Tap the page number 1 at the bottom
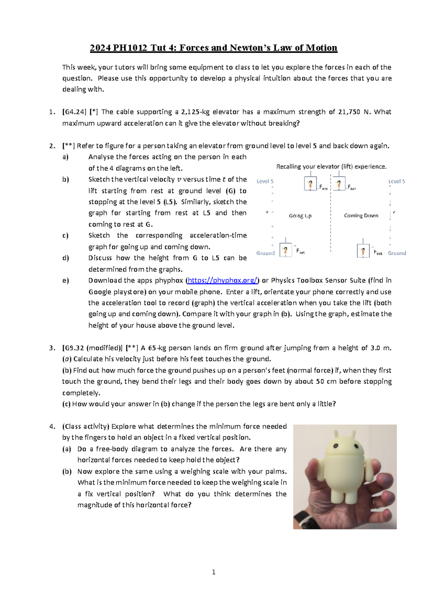[x=214, y=572]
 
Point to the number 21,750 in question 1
[x=349, y=112]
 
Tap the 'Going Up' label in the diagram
[x=300, y=216]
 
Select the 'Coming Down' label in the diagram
[x=361, y=215]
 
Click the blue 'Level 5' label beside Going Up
[x=265, y=181]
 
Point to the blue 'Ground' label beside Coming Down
[x=397, y=253]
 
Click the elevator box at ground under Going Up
[x=286, y=250]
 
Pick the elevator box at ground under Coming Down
[x=363, y=251]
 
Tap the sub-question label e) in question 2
[x=65, y=280]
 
